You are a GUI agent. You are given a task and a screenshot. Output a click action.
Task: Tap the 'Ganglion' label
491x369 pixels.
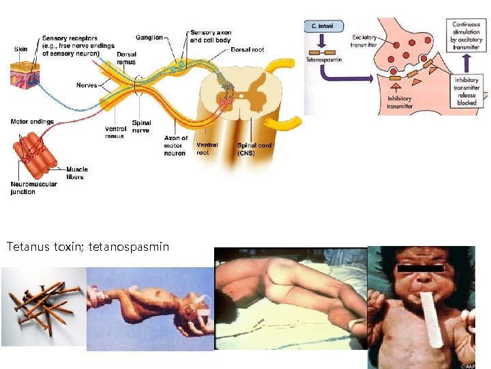(x=149, y=38)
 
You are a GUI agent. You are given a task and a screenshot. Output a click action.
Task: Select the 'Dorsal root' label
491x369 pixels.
(x=248, y=50)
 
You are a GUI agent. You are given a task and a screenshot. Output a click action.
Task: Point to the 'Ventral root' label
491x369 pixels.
(x=207, y=149)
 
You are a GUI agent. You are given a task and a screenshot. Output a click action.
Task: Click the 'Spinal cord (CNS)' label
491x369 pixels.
(x=254, y=149)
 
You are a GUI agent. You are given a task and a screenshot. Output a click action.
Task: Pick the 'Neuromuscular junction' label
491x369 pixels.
(x=33, y=188)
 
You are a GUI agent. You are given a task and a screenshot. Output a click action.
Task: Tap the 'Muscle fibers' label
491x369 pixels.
(x=77, y=173)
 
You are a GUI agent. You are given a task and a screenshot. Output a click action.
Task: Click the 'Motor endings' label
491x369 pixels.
(x=32, y=122)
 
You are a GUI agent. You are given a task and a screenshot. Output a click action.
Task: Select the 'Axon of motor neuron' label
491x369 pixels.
(x=176, y=146)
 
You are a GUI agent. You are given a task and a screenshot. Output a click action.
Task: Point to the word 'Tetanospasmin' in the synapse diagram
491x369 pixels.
(x=323, y=59)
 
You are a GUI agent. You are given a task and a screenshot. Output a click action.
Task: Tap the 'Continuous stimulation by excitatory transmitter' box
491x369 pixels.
(x=466, y=36)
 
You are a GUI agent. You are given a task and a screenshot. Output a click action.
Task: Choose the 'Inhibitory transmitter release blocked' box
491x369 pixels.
(x=467, y=91)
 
